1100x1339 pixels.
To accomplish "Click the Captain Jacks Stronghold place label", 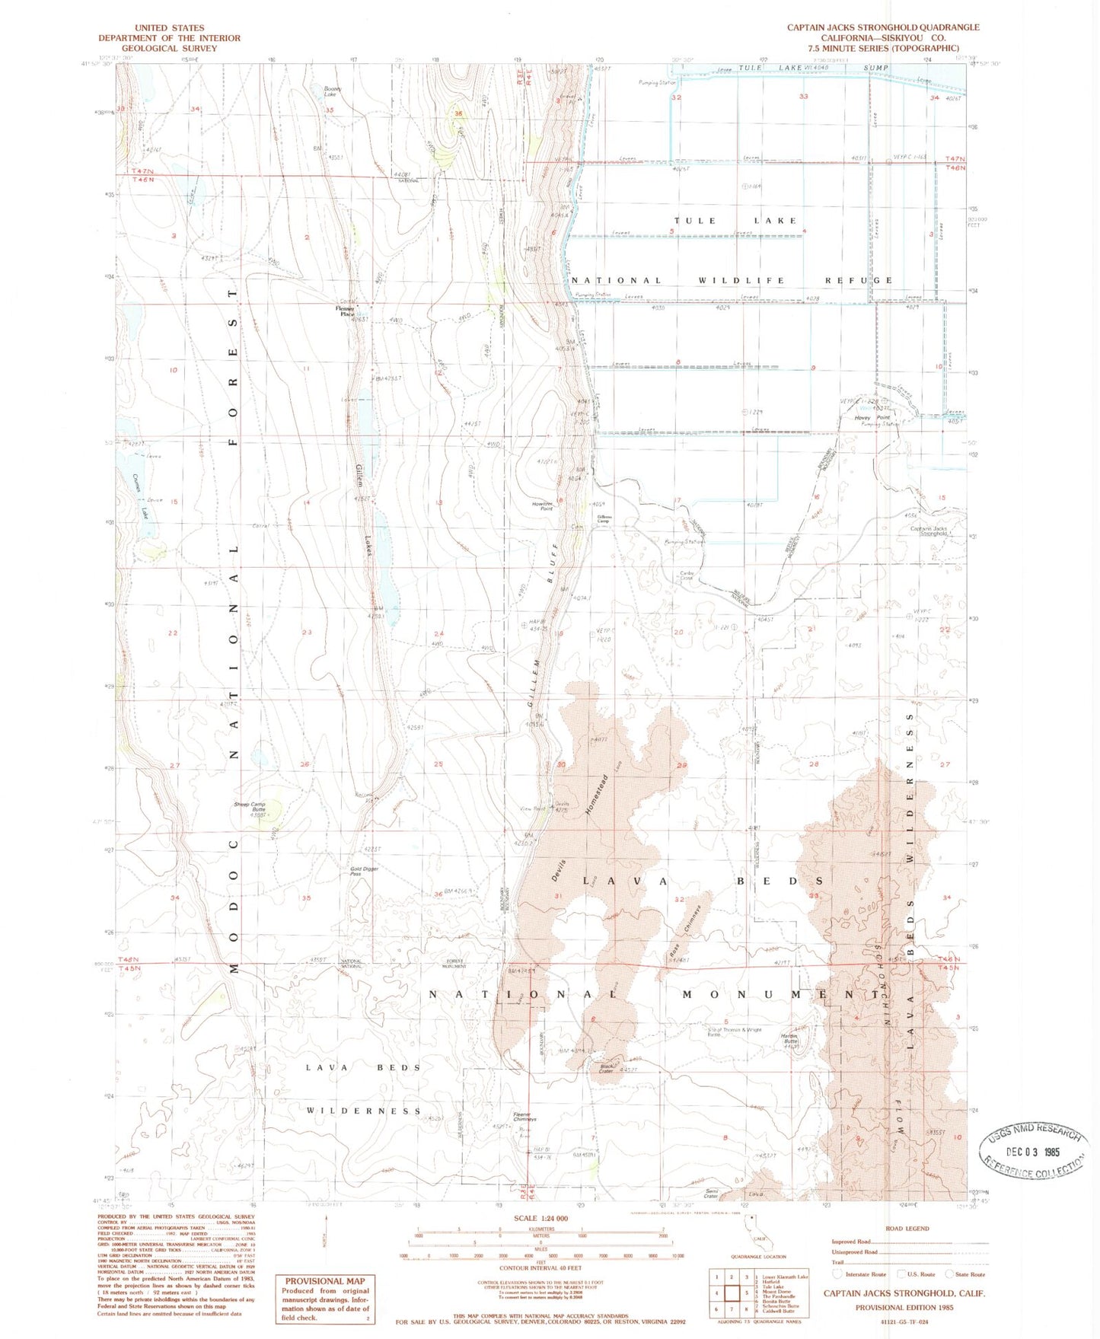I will [929, 531].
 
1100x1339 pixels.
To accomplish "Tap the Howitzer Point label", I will [542, 506].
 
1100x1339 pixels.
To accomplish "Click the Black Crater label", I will [606, 1068].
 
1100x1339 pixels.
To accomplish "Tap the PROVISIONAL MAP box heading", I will [325, 1281].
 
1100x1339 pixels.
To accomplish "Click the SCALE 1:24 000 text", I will [540, 1219].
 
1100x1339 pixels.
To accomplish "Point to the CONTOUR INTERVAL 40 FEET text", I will [540, 1268].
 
